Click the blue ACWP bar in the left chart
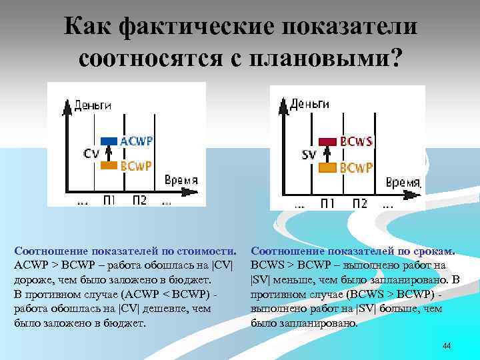109,141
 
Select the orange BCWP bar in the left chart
109,165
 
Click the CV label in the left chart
91,153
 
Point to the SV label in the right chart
309,155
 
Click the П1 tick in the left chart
110,200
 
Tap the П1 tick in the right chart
328,203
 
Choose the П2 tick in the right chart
359,203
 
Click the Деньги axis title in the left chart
92,105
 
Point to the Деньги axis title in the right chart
310,103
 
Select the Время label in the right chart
403,182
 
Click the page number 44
447,346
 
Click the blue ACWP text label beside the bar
136,141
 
